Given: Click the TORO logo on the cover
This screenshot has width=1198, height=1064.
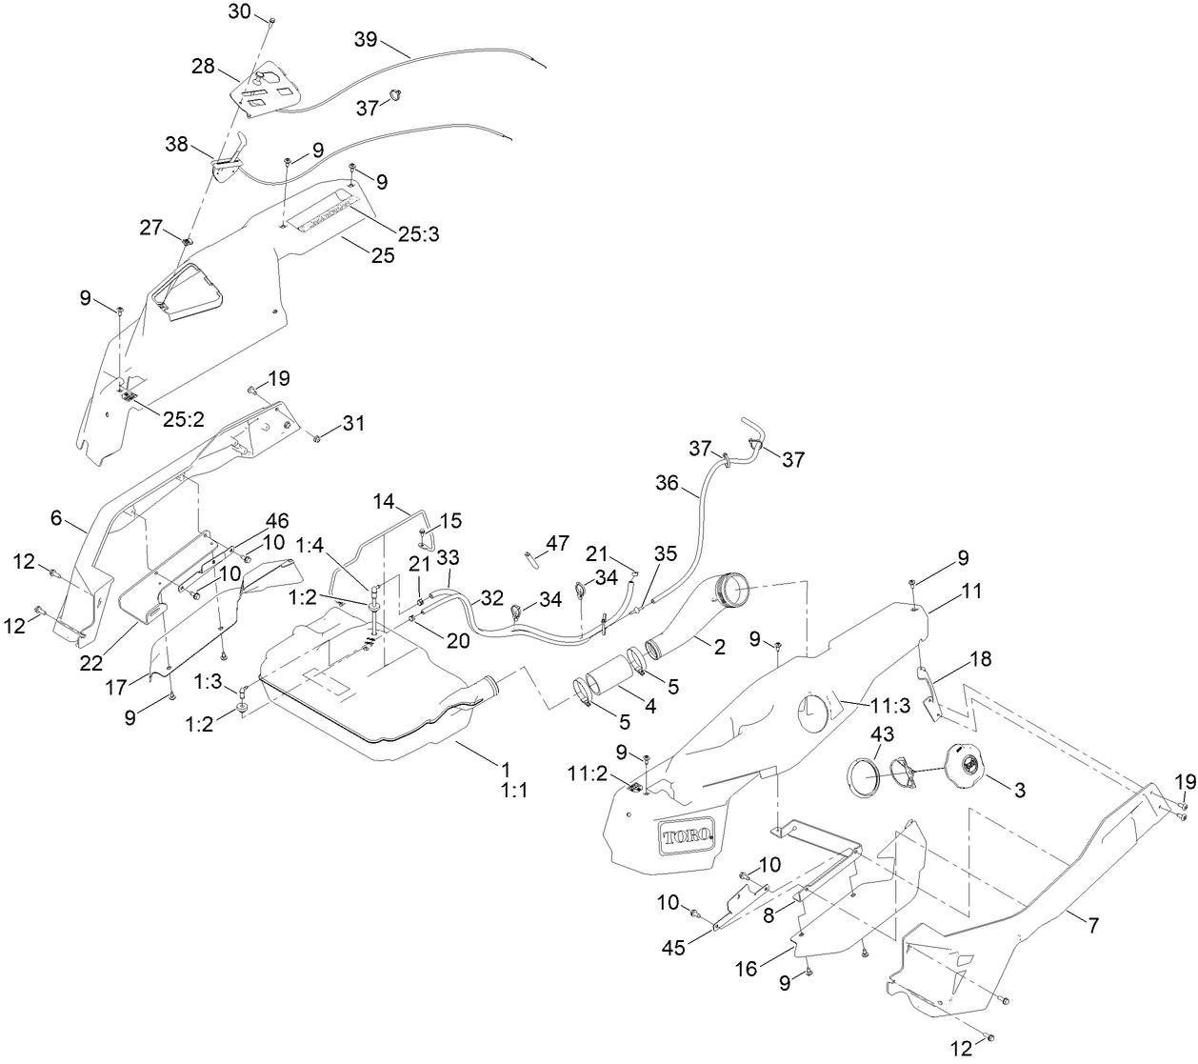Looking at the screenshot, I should pyautogui.click(x=685, y=837).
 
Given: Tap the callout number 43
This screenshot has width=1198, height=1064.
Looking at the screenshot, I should pyautogui.click(x=884, y=710).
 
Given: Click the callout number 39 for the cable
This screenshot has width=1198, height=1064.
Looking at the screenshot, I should pyautogui.click(x=366, y=39).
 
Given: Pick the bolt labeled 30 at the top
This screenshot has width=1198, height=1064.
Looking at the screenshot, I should pyautogui.click(x=270, y=21).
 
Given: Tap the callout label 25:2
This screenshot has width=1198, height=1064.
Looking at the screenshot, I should pyautogui.click(x=184, y=420).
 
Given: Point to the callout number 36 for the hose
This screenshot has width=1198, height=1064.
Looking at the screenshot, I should pyautogui.click(x=667, y=484).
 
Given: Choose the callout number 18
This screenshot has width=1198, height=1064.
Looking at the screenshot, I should pyautogui.click(x=982, y=660).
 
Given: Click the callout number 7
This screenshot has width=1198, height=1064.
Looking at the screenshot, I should pyautogui.click(x=1092, y=925).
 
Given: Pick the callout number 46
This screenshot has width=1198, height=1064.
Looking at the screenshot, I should pyautogui.click(x=277, y=520).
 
